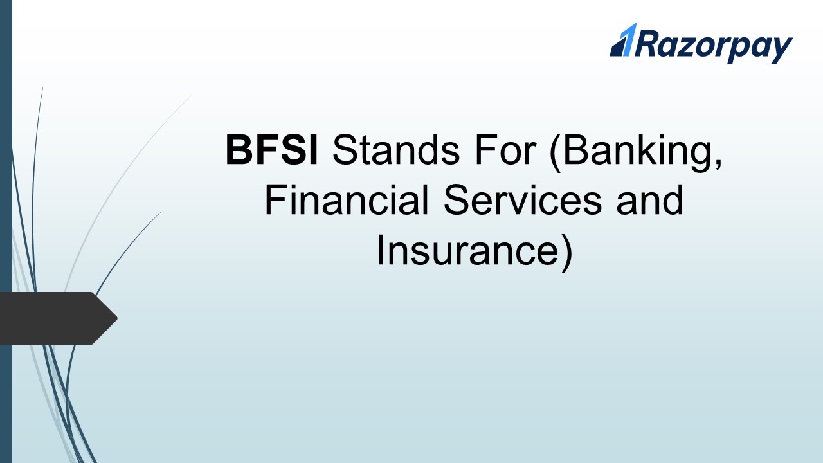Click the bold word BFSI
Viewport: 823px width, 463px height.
point(271,150)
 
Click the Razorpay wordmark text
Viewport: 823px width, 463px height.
point(714,46)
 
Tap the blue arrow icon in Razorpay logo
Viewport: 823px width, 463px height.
point(624,41)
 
